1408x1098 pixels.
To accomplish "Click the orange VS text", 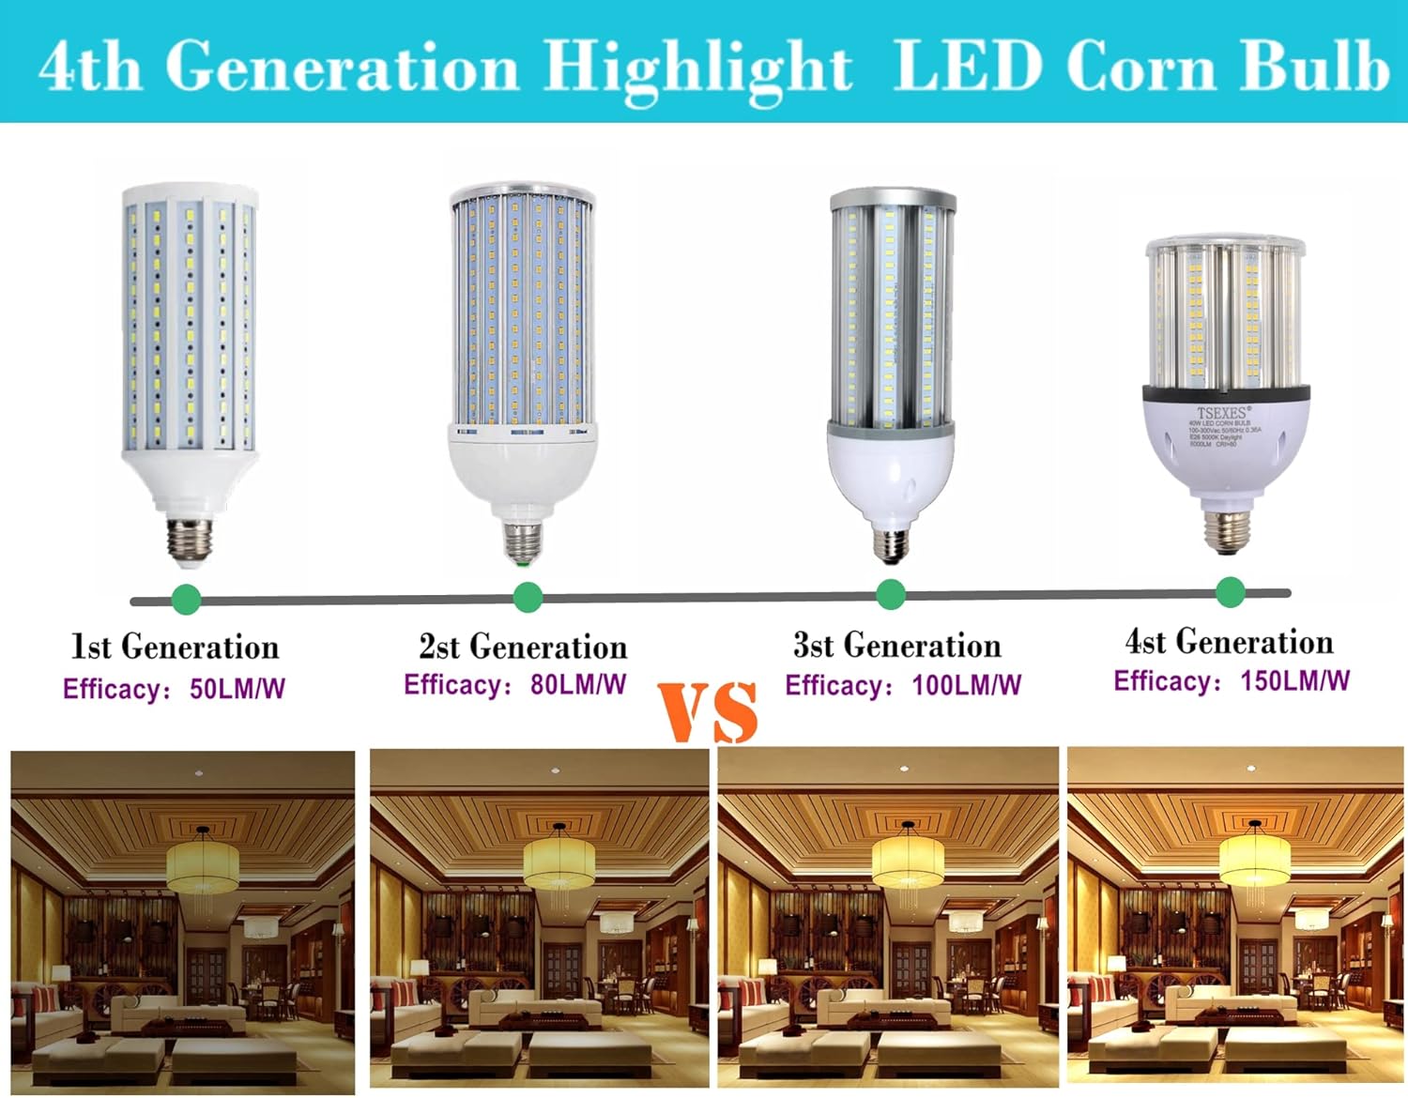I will coord(708,712).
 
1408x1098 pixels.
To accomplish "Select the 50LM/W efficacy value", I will coord(237,689).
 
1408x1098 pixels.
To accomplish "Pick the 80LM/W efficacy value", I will coord(578,684).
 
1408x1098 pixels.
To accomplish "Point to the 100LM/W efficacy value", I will coord(966,685).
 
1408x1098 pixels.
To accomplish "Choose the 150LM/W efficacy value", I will coord(1295,680).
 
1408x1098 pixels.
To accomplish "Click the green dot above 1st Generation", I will coord(187,599).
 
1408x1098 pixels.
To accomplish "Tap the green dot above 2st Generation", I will coord(528,597).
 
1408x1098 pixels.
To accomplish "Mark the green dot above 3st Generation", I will coord(890,594).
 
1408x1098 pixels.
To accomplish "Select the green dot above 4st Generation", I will coord(1230,592).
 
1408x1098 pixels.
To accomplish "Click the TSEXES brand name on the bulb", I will coord(1221,413).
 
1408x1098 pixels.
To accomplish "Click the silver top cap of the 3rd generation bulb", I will coord(893,199).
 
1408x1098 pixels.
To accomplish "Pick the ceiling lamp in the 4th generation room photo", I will coord(1255,858).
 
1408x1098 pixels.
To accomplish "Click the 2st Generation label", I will coord(523,647).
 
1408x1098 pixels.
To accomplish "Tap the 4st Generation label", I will coord(1229,642).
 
